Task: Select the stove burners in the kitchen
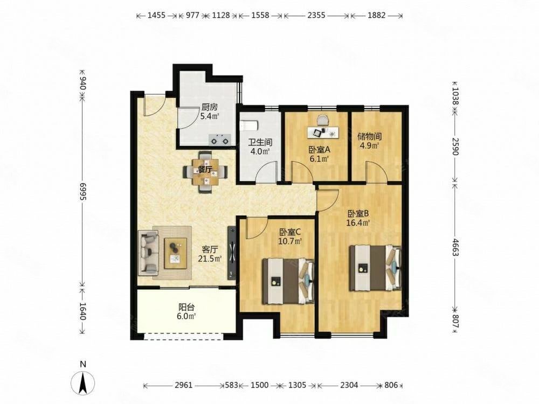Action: click(x=220, y=140)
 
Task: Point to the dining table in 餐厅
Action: click(x=205, y=171)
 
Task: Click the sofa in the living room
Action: click(x=148, y=253)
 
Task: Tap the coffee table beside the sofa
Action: click(x=176, y=253)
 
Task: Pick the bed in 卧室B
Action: click(x=375, y=268)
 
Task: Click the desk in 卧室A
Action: click(x=323, y=131)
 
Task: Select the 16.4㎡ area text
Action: click(x=358, y=222)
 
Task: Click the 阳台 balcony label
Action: click(x=186, y=307)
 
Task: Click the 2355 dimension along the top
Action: click(x=316, y=16)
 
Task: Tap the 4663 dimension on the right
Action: click(x=455, y=247)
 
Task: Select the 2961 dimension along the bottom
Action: click(x=184, y=385)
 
